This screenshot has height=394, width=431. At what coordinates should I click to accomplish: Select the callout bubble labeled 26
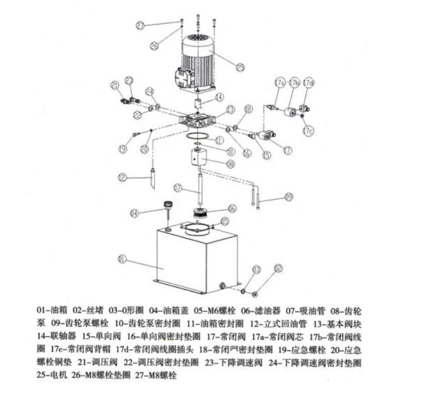pos(154,46)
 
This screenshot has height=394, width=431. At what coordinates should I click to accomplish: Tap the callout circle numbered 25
pos(240,67)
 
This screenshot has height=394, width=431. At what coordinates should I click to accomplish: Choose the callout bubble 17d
pos(308,83)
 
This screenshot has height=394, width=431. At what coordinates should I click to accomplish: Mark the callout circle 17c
pos(308,131)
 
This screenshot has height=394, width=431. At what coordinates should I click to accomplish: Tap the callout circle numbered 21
pos(115,84)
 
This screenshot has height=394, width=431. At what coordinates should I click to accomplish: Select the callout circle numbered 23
pos(129,81)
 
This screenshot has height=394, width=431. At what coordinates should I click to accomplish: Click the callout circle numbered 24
pos(150,91)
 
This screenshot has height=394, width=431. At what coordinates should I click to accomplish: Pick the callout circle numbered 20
pos(144,149)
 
